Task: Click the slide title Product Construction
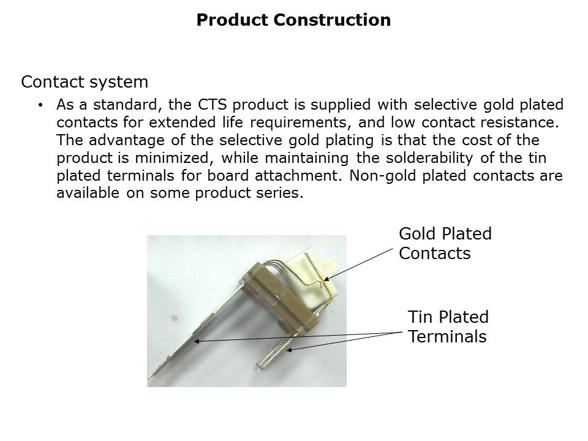(293, 20)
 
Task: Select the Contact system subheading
(85, 81)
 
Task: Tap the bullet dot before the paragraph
(40, 105)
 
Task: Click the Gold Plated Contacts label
(445, 243)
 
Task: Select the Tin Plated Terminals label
(448, 326)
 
